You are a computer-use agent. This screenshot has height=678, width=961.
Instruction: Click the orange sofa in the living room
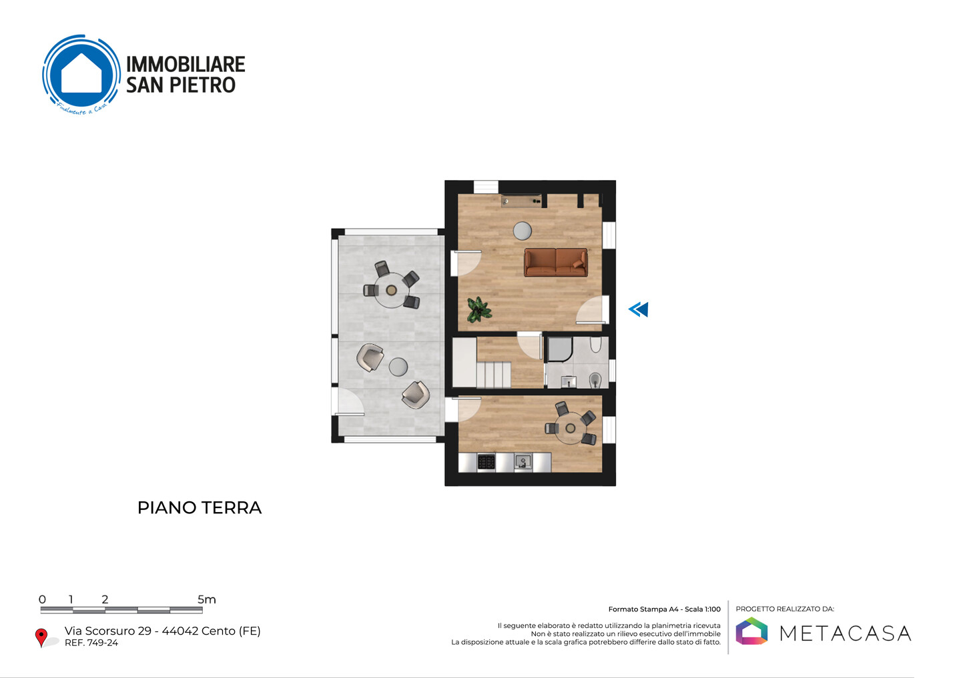(x=555, y=262)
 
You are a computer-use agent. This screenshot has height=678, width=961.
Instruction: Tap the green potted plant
(x=478, y=309)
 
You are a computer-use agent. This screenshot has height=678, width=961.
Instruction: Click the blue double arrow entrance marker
(x=639, y=309)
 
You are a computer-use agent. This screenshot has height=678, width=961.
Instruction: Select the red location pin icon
(x=41, y=637)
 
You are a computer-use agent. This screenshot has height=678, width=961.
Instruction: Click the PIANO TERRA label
(x=200, y=508)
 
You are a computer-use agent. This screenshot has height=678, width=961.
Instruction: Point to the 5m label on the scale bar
(x=207, y=599)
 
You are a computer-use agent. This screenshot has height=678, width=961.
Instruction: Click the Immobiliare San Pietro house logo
(x=81, y=75)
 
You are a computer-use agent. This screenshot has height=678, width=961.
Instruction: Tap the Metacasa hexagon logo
(x=751, y=631)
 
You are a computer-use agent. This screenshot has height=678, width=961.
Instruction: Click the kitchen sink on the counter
(x=523, y=462)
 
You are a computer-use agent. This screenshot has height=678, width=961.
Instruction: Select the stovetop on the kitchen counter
(x=487, y=462)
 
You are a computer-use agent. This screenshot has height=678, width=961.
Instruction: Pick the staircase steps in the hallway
(x=493, y=375)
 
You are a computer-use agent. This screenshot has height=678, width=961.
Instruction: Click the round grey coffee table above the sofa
(x=523, y=231)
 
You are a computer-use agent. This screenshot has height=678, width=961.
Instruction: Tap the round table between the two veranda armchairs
(x=398, y=367)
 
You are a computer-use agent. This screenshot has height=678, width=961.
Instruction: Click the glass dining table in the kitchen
(x=570, y=428)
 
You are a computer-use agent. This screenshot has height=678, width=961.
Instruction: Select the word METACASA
(x=845, y=633)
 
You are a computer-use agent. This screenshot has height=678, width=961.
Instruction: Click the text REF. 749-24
(x=91, y=643)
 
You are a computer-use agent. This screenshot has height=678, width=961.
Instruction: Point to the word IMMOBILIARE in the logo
(x=186, y=64)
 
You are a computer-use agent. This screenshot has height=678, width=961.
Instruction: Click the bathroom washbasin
(x=569, y=381)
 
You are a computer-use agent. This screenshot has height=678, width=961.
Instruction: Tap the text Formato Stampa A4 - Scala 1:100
(x=665, y=609)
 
